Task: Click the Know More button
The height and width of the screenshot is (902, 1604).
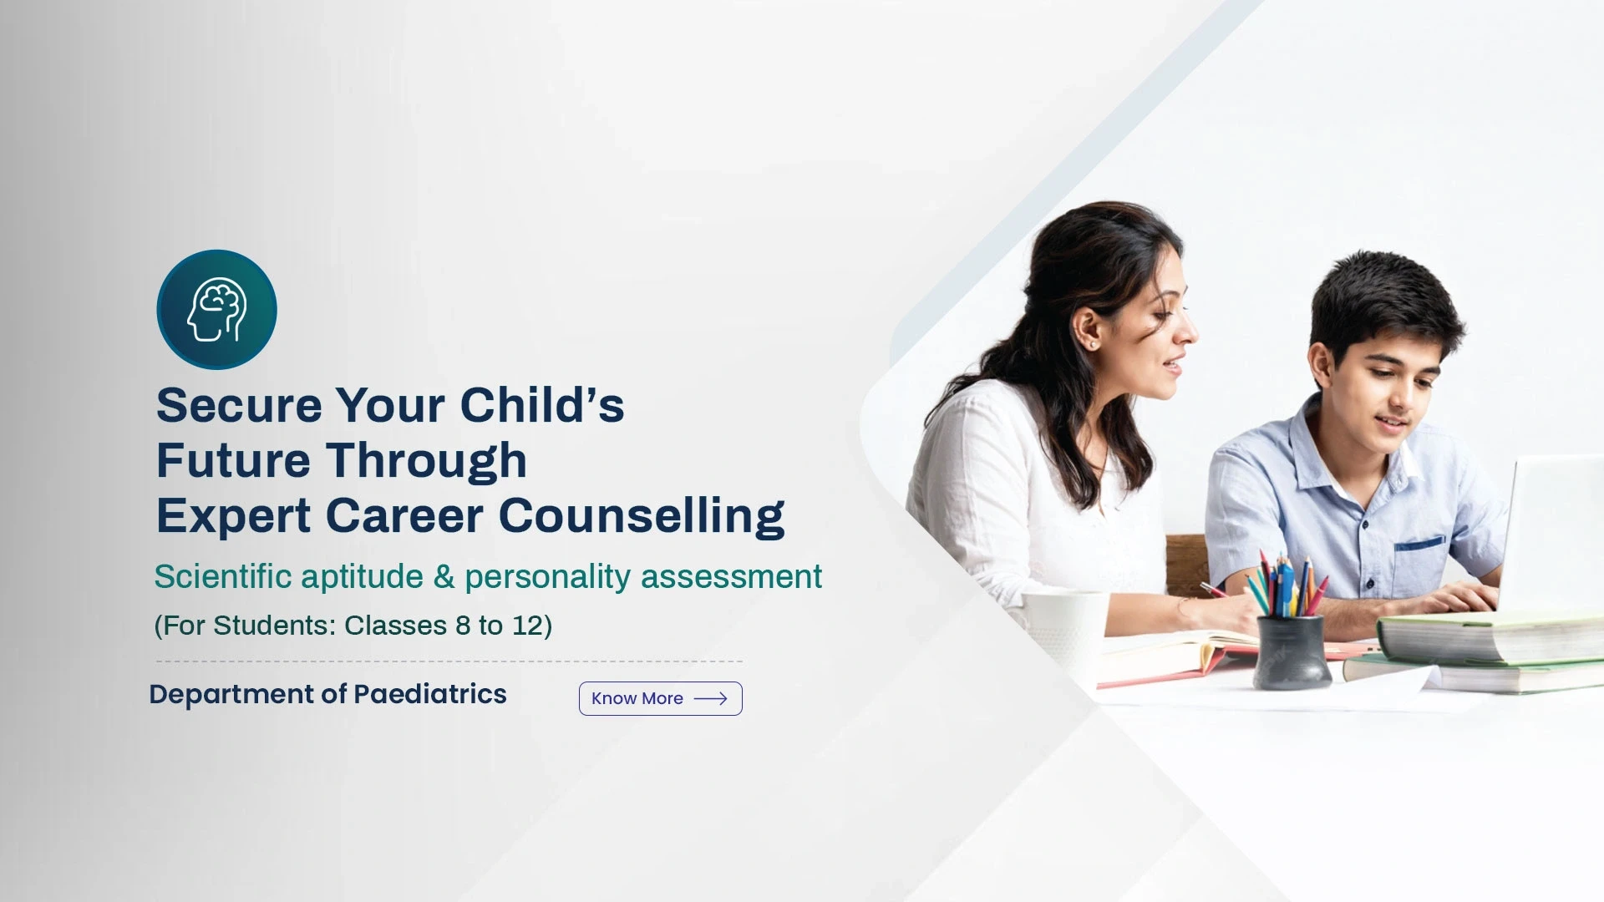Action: (x=660, y=698)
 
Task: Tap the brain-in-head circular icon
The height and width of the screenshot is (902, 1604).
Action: (x=217, y=310)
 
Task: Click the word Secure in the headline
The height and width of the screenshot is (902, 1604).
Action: (x=239, y=405)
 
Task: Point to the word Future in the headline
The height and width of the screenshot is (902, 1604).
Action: (x=233, y=460)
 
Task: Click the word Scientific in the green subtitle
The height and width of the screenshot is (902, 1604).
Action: (x=222, y=576)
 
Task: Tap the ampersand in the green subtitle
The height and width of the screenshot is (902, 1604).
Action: (x=444, y=577)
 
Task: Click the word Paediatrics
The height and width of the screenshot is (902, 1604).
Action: (x=429, y=694)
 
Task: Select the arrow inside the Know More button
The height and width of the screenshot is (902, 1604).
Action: (x=710, y=698)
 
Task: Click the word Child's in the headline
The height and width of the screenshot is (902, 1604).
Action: (x=541, y=405)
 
